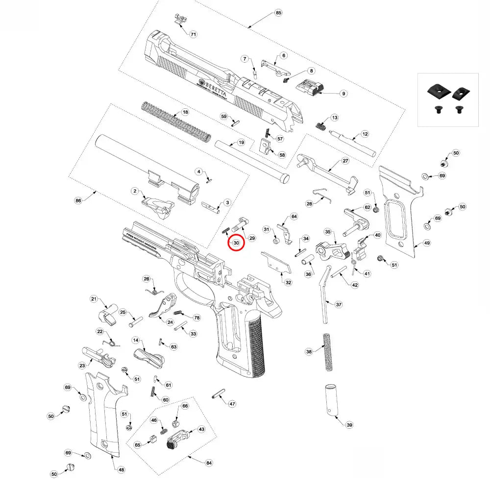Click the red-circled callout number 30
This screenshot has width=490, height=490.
236,243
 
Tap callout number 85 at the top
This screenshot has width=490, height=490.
279,12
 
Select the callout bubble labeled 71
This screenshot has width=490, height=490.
193,34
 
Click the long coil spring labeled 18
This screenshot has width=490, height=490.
176,120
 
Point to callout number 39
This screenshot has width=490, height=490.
349,425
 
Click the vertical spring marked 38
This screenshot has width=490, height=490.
327,352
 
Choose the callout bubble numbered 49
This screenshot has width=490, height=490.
427,243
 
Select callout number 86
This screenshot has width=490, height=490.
77,201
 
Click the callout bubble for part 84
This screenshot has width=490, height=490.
209,463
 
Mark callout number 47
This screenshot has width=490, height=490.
232,404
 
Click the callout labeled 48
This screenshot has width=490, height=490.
121,469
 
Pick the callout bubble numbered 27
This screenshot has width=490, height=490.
345,161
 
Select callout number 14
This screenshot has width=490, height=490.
136,340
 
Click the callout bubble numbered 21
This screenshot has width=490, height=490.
95,299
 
